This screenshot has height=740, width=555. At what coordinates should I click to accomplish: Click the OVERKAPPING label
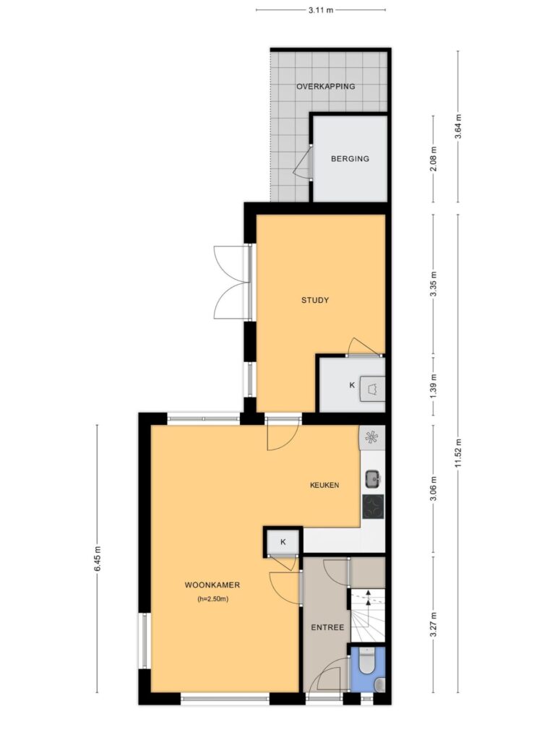coord(326,87)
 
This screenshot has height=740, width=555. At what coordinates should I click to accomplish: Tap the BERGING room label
coord(350,158)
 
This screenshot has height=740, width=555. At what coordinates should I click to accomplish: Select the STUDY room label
coord(315,300)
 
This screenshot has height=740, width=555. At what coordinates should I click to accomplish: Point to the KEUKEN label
coord(324,485)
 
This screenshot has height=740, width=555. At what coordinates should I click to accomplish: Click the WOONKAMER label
coord(212,585)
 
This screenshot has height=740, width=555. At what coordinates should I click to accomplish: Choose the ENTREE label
coord(327,627)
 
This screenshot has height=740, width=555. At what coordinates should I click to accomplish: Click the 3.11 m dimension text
coord(321,9)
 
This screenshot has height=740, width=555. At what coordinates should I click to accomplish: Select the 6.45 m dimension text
coord(98,559)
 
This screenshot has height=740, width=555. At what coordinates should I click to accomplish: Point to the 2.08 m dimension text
coord(434,158)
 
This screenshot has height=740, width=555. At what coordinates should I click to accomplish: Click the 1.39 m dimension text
coord(434,384)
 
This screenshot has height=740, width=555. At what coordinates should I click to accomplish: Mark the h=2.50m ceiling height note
coord(213,599)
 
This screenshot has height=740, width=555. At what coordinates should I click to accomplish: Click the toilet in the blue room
coord(366,661)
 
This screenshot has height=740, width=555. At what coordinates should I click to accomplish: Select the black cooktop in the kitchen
coord(373,507)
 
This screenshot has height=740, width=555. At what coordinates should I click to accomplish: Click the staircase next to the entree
coord(367,616)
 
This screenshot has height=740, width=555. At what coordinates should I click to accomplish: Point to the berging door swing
coord(303,162)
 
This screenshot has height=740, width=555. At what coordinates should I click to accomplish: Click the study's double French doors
coord(232,282)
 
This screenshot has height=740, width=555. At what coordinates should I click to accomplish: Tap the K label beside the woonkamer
coord(283,542)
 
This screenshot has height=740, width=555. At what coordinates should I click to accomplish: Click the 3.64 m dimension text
coord(457,126)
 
